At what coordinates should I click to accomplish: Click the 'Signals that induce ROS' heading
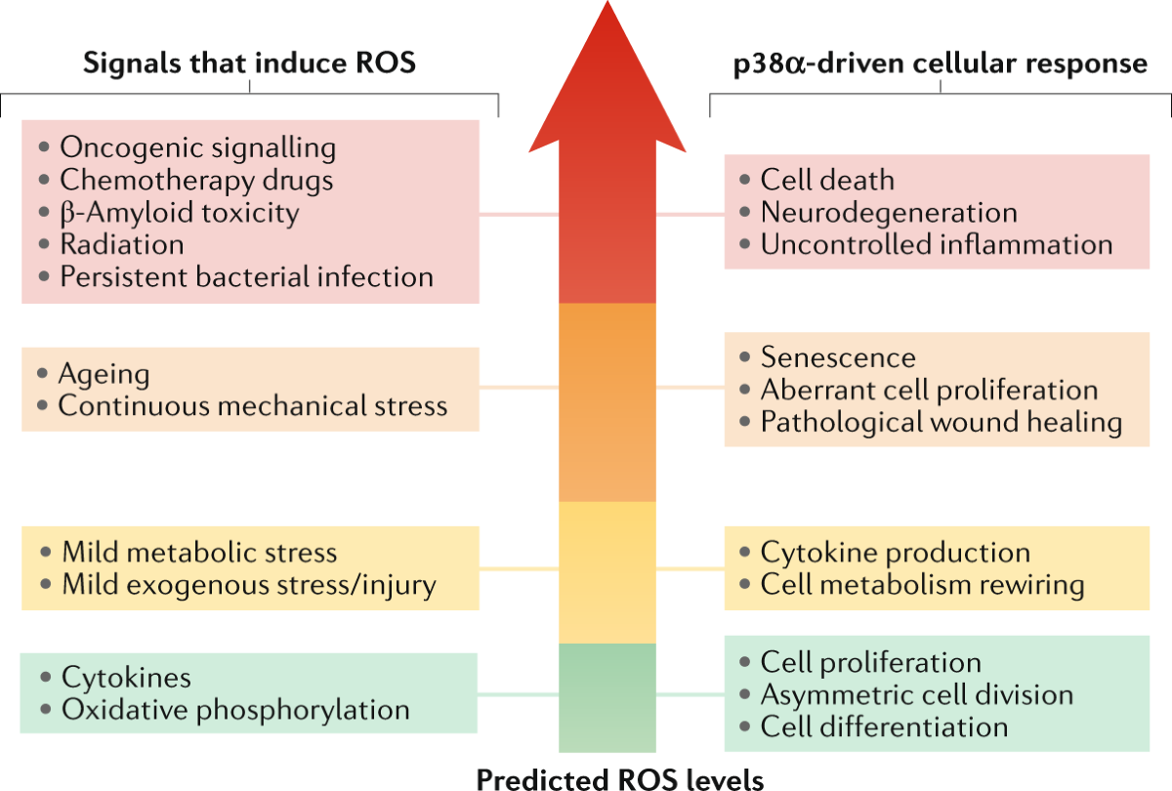pyautogui.click(x=249, y=63)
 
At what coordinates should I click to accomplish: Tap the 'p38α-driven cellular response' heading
pyautogui.click(x=940, y=63)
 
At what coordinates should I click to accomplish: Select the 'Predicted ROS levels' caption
pyautogui.click(x=620, y=778)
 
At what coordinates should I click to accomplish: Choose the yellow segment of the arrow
pyautogui.click(x=607, y=571)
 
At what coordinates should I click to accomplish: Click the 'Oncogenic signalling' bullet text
pyautogui.click(x=198, y=148)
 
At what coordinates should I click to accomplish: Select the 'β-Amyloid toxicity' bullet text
pyautogui.click(x=180, y=212)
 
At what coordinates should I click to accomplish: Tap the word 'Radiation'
pyautogui.click(x=122, y=244)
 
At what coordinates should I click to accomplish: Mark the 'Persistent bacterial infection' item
pyautogui.click(x=246, y=276)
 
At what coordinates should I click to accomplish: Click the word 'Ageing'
pyautogui.click(x=104, y=374)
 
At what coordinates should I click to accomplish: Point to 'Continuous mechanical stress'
pyautogui.click(x=253, y=405)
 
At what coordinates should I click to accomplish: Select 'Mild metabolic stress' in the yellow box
pyautogui.click(x=199, y=553)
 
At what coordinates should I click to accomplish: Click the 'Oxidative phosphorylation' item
pyautogui.click(x=235, y=710)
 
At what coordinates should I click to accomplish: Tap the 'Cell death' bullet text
pyautogui.click(x=827, y=180)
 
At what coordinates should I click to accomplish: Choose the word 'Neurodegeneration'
pyautogui.click(x=889, y=212)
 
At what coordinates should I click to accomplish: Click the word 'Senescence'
pyautogui.click(x=838, y=357)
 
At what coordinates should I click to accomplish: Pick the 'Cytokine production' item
pyautogui.click(x=895, y=553)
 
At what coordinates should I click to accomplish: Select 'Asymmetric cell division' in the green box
pyautogui.click(x=917, y=694)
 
